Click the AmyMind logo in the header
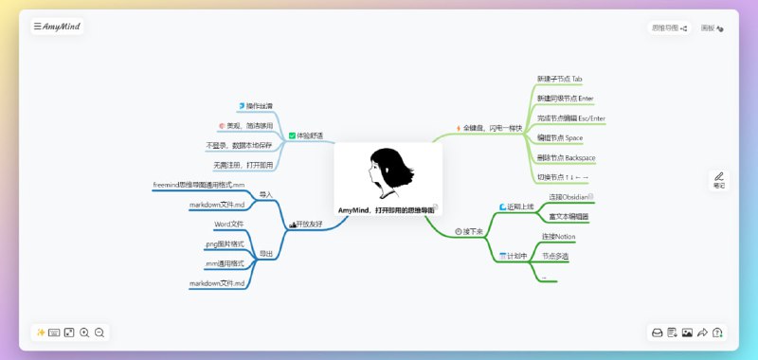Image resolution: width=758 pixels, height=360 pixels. coord(59,27)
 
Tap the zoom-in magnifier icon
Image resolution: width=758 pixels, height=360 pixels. coord(84,333)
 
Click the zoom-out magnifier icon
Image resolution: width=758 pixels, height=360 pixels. coord(99,333)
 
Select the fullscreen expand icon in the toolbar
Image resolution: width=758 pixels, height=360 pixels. coord(69,333)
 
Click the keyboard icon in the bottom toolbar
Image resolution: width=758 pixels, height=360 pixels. coord(54,333)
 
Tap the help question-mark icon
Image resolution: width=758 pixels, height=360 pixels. coord(717,333)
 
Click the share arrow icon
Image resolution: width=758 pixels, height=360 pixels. coord(702,333)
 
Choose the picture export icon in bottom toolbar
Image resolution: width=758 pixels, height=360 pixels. coord(687,333)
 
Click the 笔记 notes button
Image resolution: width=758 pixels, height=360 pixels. coord(719,180)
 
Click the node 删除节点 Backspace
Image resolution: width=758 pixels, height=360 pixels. coord(566,157)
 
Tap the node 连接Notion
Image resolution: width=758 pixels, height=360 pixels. coord(558,236)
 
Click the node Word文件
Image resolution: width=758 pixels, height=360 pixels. coord(229,224)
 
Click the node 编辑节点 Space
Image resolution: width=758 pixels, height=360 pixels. coord(559,137)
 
